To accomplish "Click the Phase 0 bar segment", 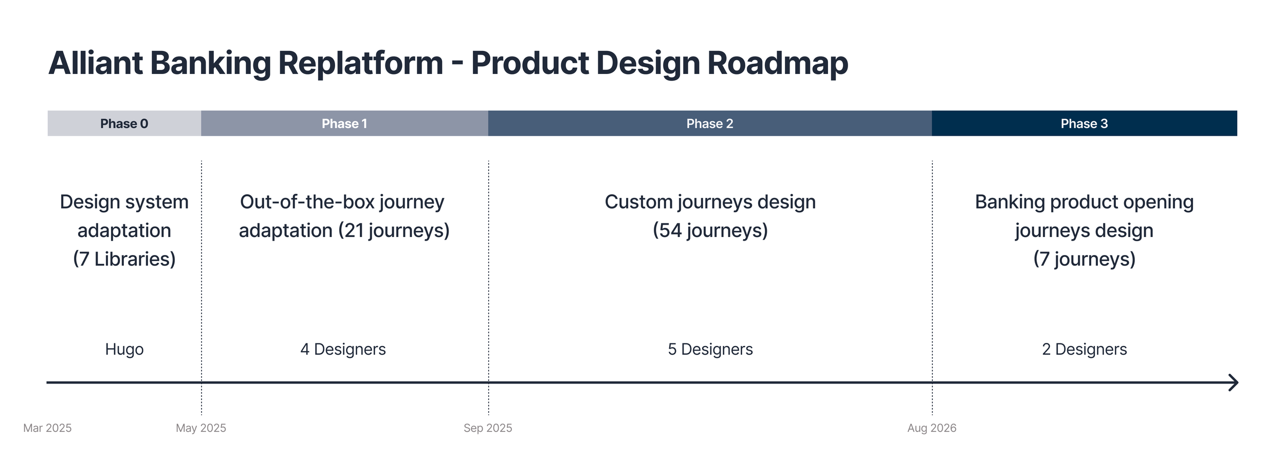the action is (124, 123).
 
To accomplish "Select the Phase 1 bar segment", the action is (344, 123).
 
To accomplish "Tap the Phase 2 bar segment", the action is (710, 123).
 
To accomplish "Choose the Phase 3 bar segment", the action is (1085, 123).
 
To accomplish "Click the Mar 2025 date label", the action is (47, 428).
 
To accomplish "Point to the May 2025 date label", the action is (201, 428).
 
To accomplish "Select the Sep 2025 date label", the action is (488, 428).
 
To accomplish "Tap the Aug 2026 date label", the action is (932, 428).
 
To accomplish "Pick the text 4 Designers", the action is (343, 350).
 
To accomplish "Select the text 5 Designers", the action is (710, 350).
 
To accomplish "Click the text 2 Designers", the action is (1085, 350).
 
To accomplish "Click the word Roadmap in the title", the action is (778, 63).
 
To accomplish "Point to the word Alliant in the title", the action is (96, 63).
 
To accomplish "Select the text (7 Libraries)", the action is (124, 259).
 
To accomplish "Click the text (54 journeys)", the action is (710, 231).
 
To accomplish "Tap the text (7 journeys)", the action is (1085, 259).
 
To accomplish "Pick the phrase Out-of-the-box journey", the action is (342, 203).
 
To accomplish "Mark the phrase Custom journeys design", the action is (710, 203).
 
